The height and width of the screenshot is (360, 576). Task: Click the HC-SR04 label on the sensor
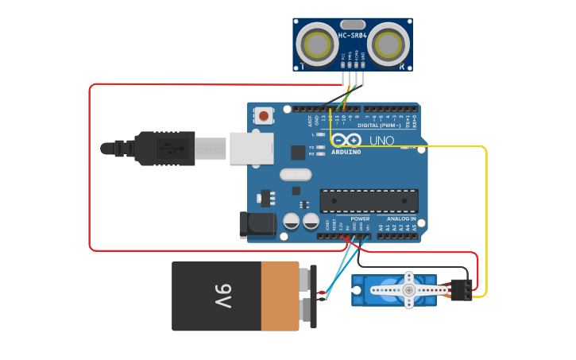click(x=352, y=36)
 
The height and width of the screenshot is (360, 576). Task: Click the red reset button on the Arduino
click(x=264, y=116)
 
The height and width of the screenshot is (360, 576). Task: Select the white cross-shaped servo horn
click(x=408, y=290)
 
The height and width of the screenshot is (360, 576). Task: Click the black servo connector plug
click(x=461, y=290)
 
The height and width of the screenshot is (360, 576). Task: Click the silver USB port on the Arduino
click(x=251, y=149)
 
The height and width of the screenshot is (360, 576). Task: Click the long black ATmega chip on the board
click(x=369, y=201)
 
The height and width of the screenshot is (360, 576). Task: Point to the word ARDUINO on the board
click(x=346, y=152)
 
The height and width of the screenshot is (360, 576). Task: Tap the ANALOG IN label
click(x=401, y=219)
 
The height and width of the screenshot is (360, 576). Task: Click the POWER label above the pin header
click(x=360, y=219)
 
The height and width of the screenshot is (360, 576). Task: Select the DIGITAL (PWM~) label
click(x=378, y=125)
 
